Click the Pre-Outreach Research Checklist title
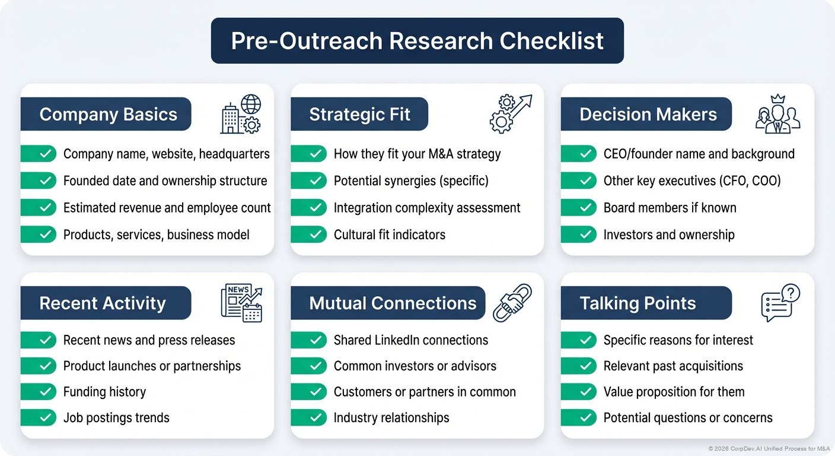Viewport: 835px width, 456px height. pyautogui.click(x=417, y=41)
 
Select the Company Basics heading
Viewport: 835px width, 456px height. pyautogui.click(x=108, y=115)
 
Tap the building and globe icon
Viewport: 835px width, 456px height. pyautogui.click(x=241, y=114)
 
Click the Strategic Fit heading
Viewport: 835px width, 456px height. pyautogui.click(x=359, y=115)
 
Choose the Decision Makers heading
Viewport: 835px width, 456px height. pyautogui.click(x=648, y=115)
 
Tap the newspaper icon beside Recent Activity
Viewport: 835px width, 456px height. pyautogui.click(x=241, y=303)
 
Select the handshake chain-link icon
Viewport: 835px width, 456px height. pyautogui.click(x=512, y=302)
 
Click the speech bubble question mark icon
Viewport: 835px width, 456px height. pyautogui.click(x=780, y=302)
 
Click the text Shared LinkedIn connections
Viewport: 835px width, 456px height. pyautogui.click(x=410, y=340)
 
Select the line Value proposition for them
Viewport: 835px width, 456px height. pyautogui.click(x=674, y=392)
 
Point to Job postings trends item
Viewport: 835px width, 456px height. pyautogui.click(x=116, y=418)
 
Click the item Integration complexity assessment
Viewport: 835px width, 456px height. pyautogui.click(x=426, y=208)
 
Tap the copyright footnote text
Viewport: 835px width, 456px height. pyautogui.click(x=769, y=448)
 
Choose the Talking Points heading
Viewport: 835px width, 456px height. pyautogui.click(x=638, y=303)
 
